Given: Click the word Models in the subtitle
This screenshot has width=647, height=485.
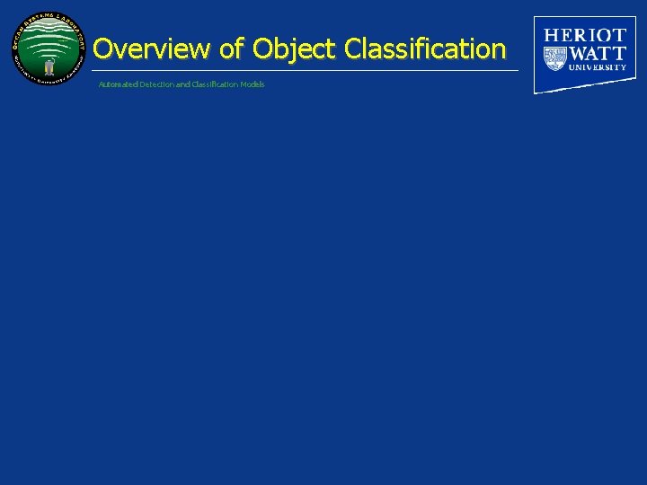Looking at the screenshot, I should coord(253,84).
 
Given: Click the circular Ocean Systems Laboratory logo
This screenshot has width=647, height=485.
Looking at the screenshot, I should coord(49,49).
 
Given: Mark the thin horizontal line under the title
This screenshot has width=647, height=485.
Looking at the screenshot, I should coord(306,70).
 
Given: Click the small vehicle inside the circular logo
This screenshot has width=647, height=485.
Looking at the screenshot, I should coord(49,66).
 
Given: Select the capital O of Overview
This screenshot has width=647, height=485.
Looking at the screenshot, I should coord(102,48).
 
